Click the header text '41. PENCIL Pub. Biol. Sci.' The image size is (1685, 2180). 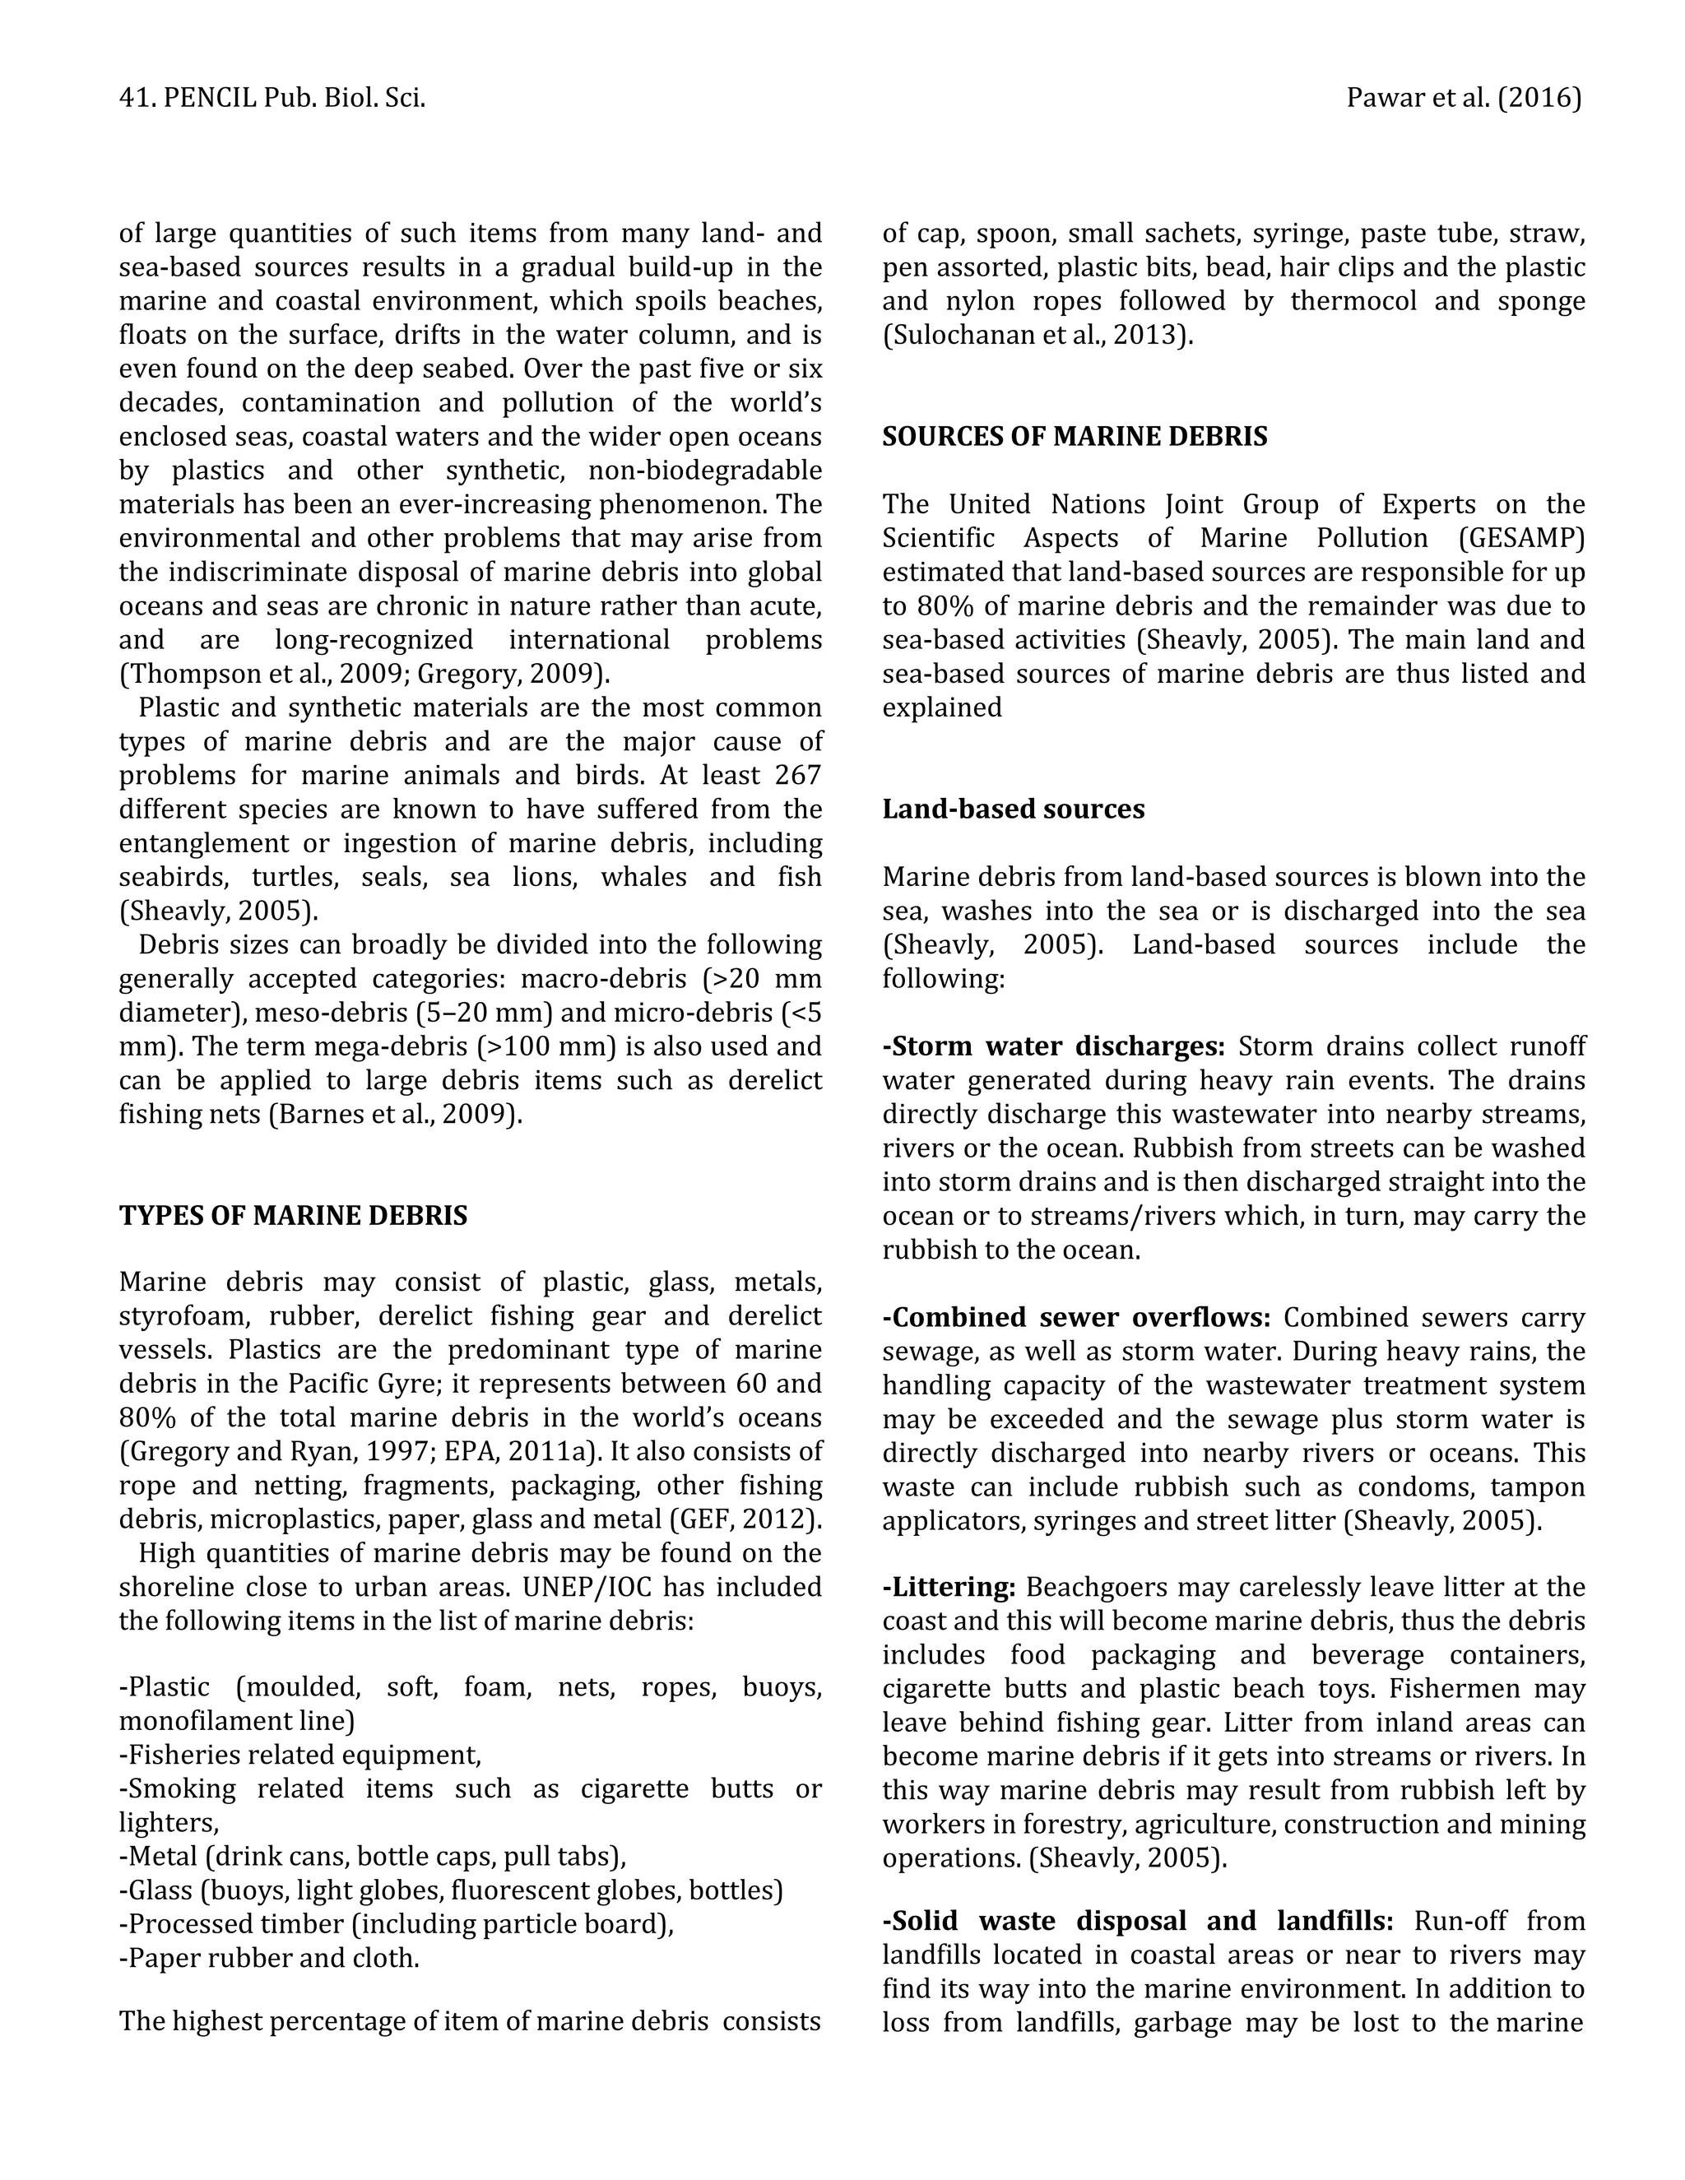[272, 98]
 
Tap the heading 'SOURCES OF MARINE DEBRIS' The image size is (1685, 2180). [1074, 436]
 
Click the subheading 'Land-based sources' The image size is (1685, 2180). [1012, 809]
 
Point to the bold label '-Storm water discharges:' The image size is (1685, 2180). [1053, 1046]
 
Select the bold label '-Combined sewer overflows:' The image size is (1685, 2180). [1075, 1318]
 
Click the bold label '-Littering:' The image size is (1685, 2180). [949, 1587]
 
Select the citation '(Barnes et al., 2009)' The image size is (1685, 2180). [395, 1114]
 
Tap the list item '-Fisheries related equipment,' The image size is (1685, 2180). [299, 1755]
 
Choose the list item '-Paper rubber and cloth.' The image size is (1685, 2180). [268, 1959]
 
